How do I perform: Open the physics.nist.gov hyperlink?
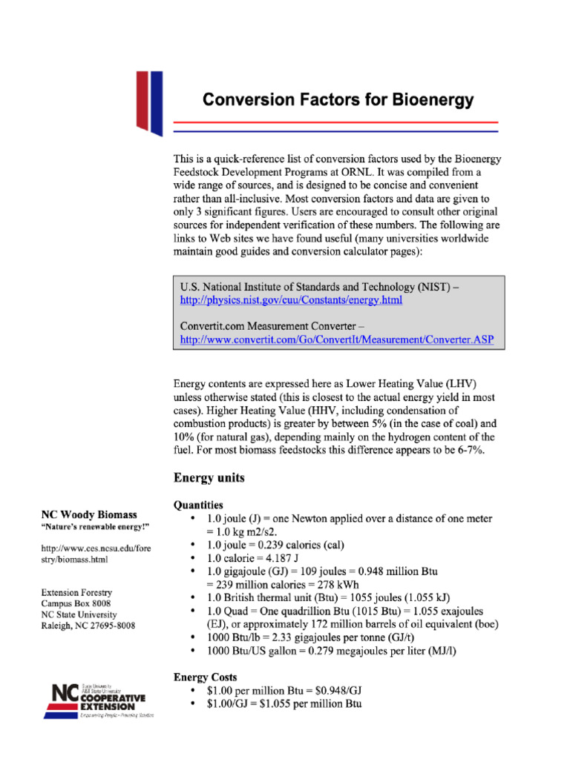291,300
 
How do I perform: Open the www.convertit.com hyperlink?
337,339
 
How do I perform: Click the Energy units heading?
209,477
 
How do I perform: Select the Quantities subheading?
198,505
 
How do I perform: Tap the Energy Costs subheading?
206,677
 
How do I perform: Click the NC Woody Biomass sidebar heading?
89,514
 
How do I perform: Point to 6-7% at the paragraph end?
468,450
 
